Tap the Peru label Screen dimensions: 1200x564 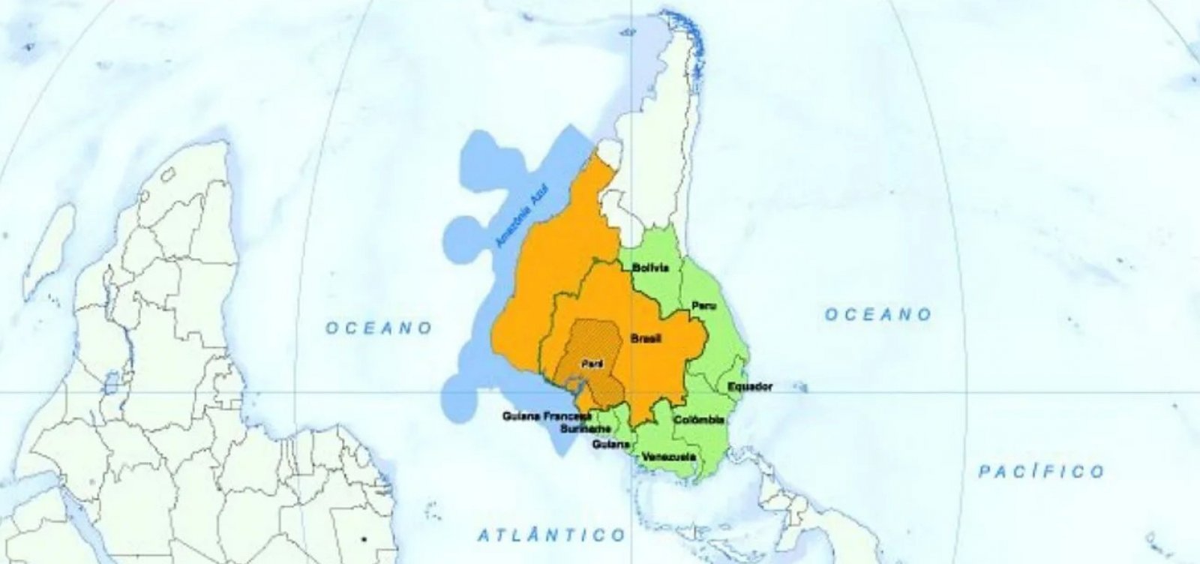[703, 306]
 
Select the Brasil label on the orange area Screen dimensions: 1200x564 [645, 339]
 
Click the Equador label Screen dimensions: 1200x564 [750, 387]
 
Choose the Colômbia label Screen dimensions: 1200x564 [699, 420]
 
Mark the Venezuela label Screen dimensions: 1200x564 [669, 457]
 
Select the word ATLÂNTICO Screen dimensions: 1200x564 [551, 535]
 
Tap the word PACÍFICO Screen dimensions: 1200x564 [1041, 471]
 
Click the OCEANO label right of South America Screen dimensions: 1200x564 [878, 314]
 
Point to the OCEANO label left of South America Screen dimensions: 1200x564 [379, 328]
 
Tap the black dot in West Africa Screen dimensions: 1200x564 [364, 538]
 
